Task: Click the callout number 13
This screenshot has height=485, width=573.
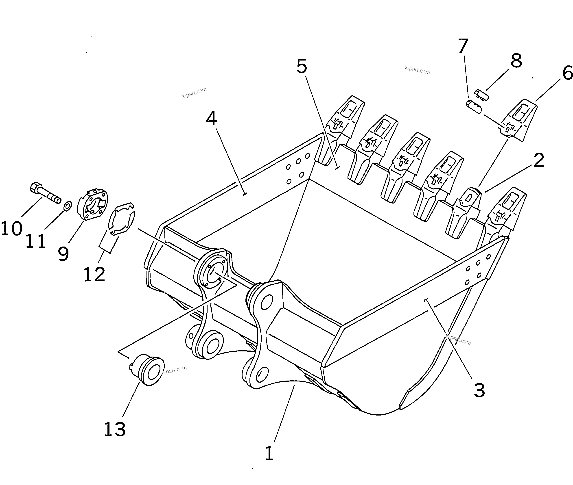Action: tap(115, 430)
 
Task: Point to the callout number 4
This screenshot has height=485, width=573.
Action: tap(211, 119)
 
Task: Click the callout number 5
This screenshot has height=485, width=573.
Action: tap(302, 67)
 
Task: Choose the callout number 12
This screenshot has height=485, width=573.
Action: tap(94, 274)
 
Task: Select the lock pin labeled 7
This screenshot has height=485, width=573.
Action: tap(474, 107)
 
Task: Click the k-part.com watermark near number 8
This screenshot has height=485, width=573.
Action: tap(417, 70)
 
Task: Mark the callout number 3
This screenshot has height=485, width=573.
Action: tap(479, 390)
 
